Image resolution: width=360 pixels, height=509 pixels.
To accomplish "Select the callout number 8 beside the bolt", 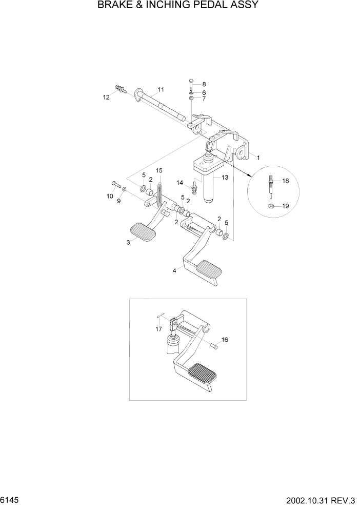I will [x=204, y=84].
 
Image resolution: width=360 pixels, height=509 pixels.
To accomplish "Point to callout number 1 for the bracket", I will [x=258, y=158].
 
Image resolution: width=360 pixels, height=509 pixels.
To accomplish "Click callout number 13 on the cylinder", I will [x=224, y=177].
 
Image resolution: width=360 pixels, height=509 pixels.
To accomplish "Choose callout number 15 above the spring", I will [x=159, y=170].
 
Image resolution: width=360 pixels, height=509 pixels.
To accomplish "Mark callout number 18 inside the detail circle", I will [x=285, y=181].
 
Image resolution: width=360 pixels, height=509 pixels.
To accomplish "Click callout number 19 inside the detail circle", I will [x=285, y=206].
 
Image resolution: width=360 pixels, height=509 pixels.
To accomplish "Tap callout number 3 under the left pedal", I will [x=128, y=243].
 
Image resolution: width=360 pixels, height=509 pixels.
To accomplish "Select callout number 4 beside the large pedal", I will [x=175, y=270].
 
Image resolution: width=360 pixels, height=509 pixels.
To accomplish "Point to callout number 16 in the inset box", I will [x=225, y=340].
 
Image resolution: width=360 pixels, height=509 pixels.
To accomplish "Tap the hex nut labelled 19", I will [x=271, y=206].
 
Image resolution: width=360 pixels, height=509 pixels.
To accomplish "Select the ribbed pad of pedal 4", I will [x=209, y=268].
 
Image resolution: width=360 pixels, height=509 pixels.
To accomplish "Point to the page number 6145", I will [x=9, y=499].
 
